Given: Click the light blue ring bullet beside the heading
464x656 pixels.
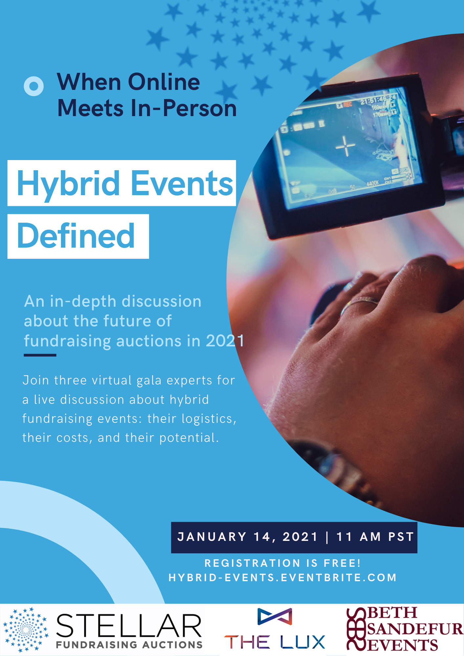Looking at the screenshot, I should [x=33, y=86].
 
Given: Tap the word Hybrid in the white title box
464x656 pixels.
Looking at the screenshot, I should [x=68, y=184].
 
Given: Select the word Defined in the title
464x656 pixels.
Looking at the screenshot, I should [x=76, y=236].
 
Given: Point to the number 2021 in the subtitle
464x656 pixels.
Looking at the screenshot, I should [x=225, y=341].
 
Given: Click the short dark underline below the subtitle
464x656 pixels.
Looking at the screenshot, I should [x=40, y=355].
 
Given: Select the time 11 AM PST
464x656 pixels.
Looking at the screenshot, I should [x=375, y=537].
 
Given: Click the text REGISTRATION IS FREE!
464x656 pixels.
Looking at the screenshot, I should [x=283, y=563].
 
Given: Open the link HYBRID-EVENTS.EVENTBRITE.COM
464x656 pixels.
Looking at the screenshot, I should [x=283, y=578].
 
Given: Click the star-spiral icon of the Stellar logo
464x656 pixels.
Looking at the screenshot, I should [x=26, y=630].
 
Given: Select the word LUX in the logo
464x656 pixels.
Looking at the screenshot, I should [x=303, y=642].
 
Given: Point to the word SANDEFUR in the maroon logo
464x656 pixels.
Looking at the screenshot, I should [x=415, y=629].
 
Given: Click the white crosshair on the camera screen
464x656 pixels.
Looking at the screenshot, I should [x=345, y=146].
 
